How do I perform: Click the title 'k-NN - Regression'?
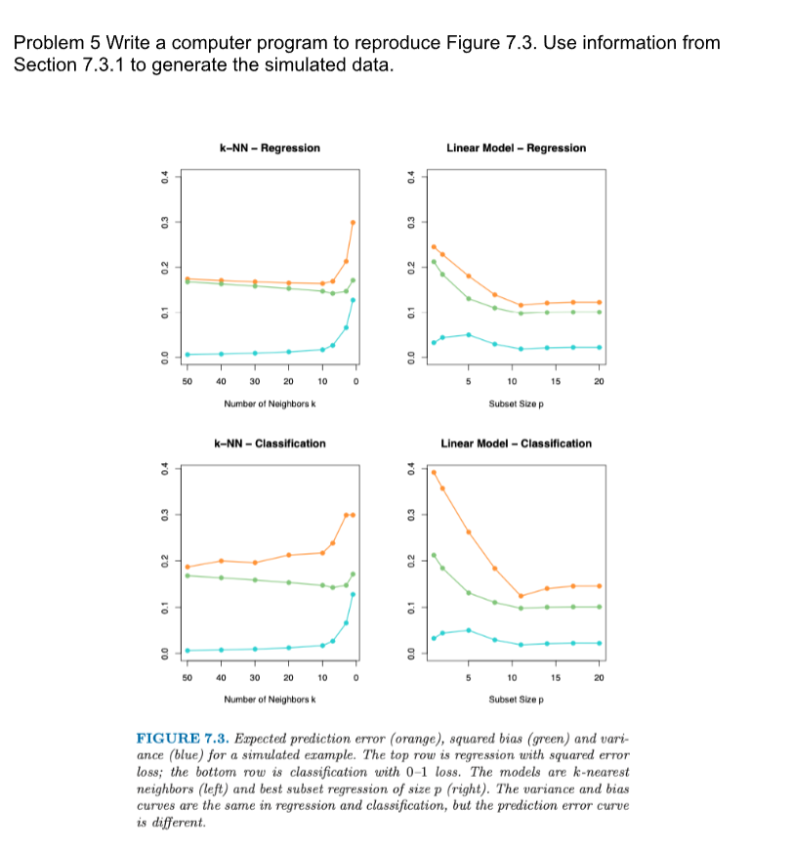[x=271, y=149]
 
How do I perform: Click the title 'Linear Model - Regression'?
[x=516, y=149]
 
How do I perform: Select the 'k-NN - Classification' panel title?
[x=270, y=444]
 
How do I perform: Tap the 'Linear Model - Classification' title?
[x=516, y=444]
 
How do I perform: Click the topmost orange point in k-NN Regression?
[x=353, y=223]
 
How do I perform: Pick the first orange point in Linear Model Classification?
[x=434, y=472]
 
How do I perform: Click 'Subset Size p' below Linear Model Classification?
[x=516, y=698]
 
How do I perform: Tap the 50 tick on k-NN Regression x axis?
[x=187, y=381]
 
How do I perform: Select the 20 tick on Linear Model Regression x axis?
[x=599, y=381]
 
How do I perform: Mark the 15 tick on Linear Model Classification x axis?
[x=555, y=676]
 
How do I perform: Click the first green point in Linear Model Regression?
[x=434, y=262]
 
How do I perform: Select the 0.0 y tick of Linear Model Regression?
[x=411, y=356]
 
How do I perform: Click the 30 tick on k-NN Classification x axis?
[x=255, y=676]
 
